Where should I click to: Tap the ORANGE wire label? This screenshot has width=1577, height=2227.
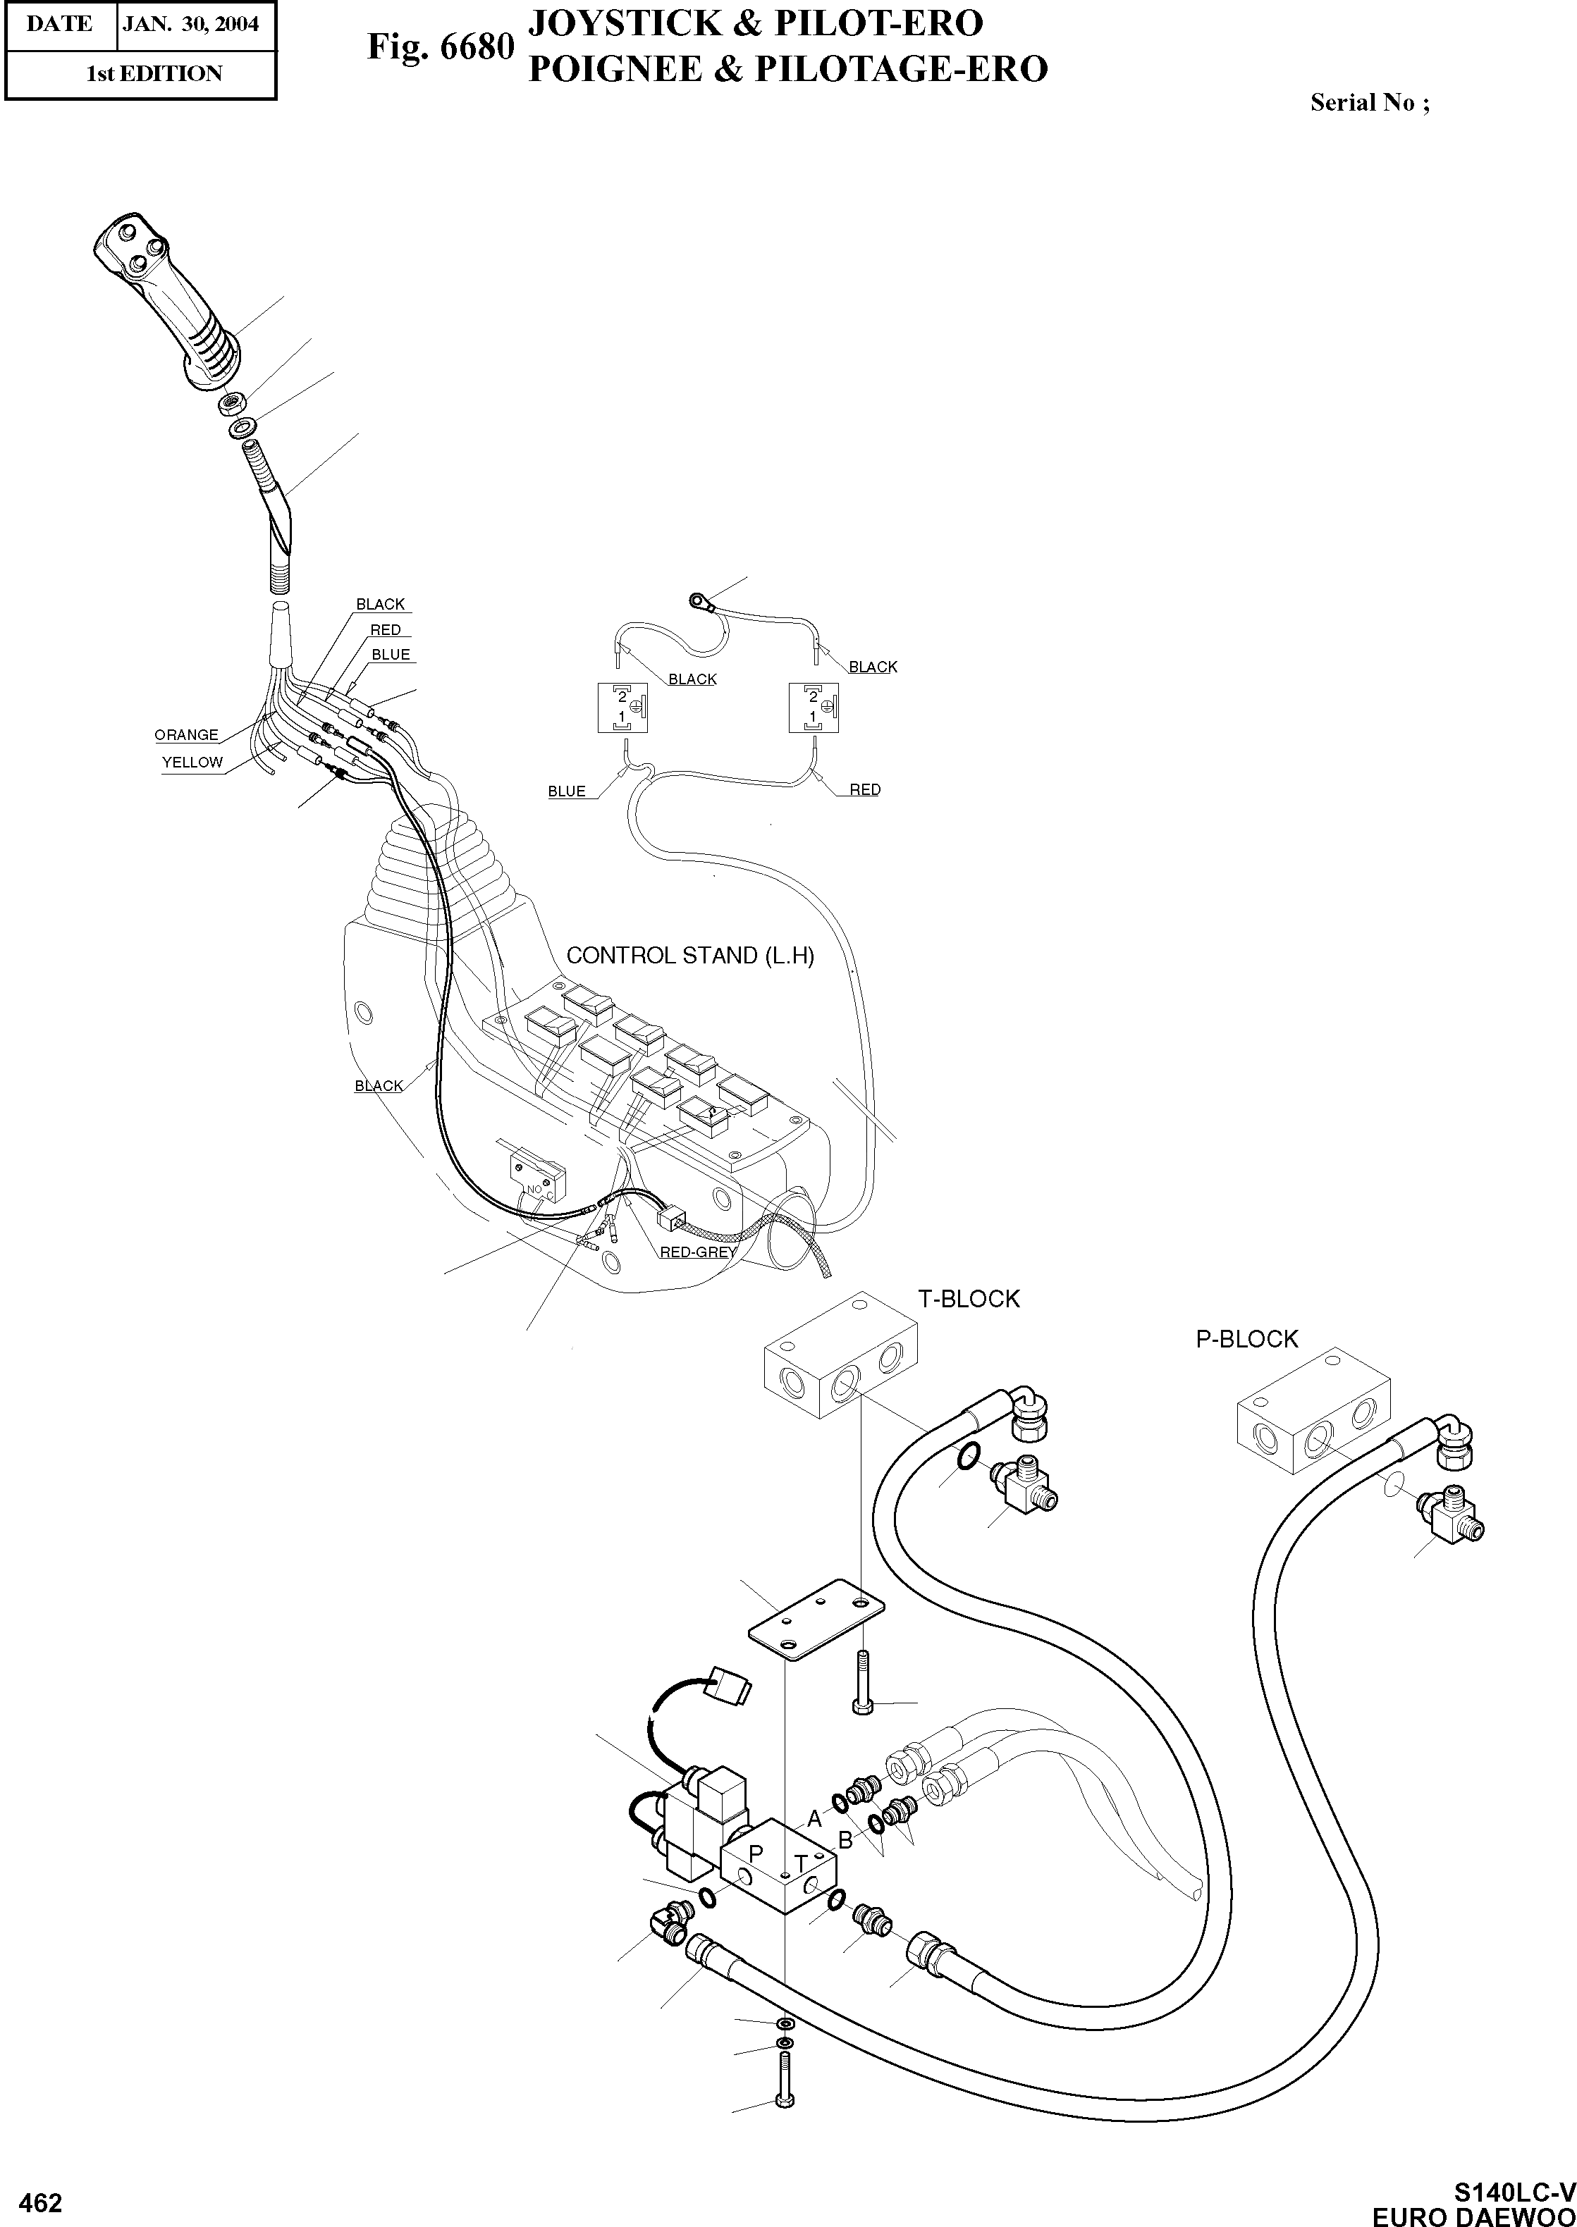point(186,735)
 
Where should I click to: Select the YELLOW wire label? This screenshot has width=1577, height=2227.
point(192,762)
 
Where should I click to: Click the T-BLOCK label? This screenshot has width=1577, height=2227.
point(968,1299)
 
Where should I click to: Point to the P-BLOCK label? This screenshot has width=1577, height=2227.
point(1246,1339)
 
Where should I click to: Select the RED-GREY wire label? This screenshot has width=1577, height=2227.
point(697,1252)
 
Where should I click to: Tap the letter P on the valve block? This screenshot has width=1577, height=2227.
point(756,1853)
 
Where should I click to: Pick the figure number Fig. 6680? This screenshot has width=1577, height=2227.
point(440,46)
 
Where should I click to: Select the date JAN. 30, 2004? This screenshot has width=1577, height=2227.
point(191,24)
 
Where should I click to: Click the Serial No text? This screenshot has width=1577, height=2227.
point(1369,103)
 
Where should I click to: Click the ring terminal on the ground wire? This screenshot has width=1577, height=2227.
point(698,602)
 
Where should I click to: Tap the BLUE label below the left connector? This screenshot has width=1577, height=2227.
point(567,791)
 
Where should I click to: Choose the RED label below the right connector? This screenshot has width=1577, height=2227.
point(864,789)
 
